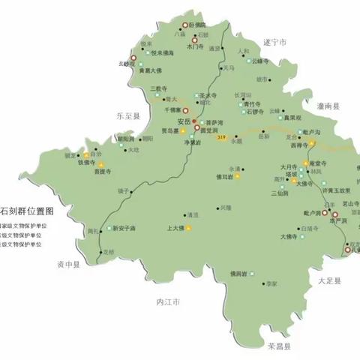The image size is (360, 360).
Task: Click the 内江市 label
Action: point(159,301)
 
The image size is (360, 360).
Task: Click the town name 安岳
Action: point(184,121)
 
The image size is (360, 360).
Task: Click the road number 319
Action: point(220,138)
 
